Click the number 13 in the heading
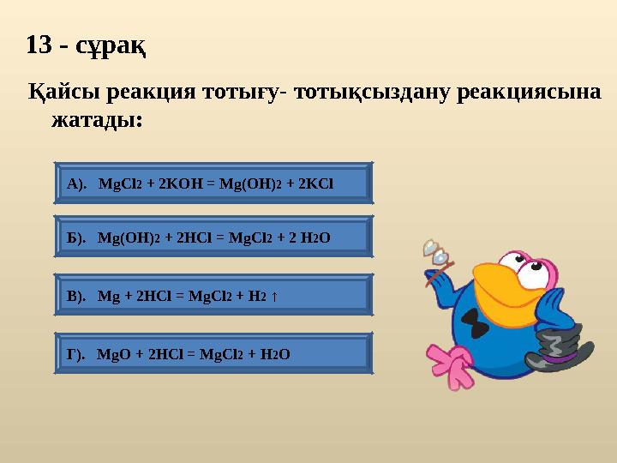tap(42, 45)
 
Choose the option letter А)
tap(77, 183)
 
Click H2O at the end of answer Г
tap(273, 353)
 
